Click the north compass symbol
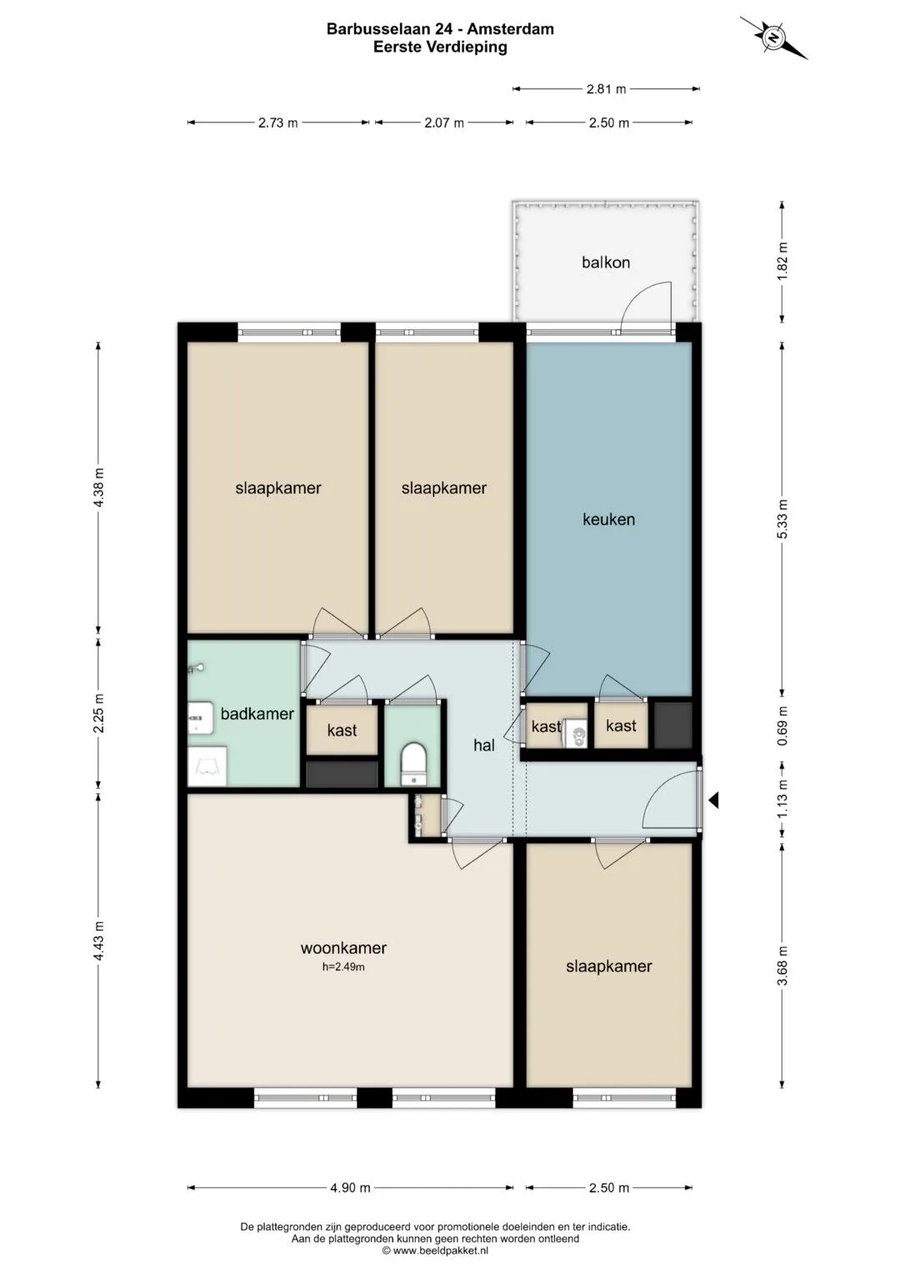773,38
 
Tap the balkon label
606,263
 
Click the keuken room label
608,519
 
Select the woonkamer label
343,948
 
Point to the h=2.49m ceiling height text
343,967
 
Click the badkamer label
257,714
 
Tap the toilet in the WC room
413,764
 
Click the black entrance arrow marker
713,800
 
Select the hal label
484,745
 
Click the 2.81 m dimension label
607,88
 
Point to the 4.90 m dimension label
350,1188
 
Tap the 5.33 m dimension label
782,519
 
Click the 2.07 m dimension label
444,123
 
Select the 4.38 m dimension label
99,488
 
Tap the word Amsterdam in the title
510,29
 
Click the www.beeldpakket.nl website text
440,1250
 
